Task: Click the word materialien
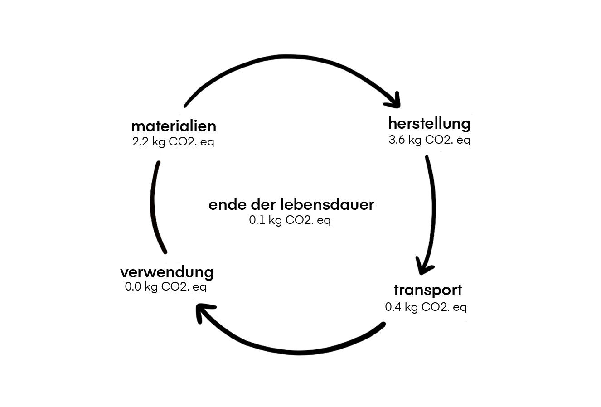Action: [174, 126]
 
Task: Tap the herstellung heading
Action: [429, 123]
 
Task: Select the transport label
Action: [427, 290]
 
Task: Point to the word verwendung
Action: [167, 272]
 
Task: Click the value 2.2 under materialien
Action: [140, 142]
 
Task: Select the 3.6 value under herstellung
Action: [397, 140]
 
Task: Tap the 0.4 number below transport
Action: [393, 307]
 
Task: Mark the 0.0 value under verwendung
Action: [133, 287]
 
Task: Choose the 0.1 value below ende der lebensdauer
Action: [257, 221]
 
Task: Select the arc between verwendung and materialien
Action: [154, 206]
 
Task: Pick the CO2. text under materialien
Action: [183, 142]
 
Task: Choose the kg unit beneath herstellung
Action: [415, 140]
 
